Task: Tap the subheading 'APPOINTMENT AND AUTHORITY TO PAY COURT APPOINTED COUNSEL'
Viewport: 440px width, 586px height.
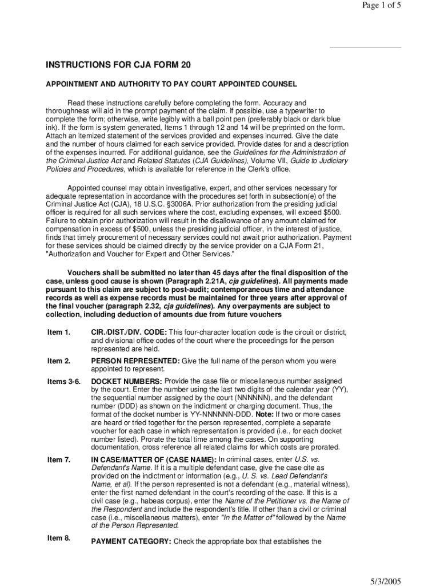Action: pyautogui.click(x=171, y=84)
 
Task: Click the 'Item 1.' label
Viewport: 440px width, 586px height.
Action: pyautogui.click(x=59, y=332)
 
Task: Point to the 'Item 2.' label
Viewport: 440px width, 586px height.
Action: pyautogui.click(x=59, y=361)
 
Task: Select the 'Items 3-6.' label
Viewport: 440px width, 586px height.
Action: pyautogui.click(x=63, y=381)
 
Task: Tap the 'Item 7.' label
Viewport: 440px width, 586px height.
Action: pyautogui.click(x=59, y=460)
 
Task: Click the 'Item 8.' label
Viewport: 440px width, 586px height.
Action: pyautogui.click(x=59, y=537)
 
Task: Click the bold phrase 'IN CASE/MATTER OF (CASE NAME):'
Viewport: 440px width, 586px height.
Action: pyautogui.click(x=154, y=460)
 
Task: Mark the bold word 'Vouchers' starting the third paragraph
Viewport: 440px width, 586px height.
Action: pyautogui.click(x=84, y=272)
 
